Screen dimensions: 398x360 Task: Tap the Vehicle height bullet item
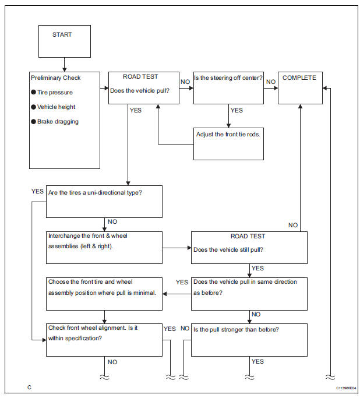57,107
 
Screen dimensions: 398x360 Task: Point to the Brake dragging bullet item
58,122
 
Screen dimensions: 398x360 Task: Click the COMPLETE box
300,88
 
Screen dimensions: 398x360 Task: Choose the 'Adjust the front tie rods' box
228,143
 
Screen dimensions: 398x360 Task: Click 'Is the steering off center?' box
228,88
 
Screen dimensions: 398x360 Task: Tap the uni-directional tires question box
104,201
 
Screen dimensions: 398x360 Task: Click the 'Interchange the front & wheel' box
104,247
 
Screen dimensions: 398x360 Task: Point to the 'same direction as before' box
249,293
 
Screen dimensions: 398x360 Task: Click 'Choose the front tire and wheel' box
104,293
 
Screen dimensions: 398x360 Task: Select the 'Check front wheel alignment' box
104,339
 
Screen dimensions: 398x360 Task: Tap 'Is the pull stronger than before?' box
249,339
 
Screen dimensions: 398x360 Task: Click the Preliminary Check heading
55,78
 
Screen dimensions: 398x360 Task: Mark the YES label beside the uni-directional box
37,191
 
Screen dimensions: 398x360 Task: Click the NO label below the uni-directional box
112,222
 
